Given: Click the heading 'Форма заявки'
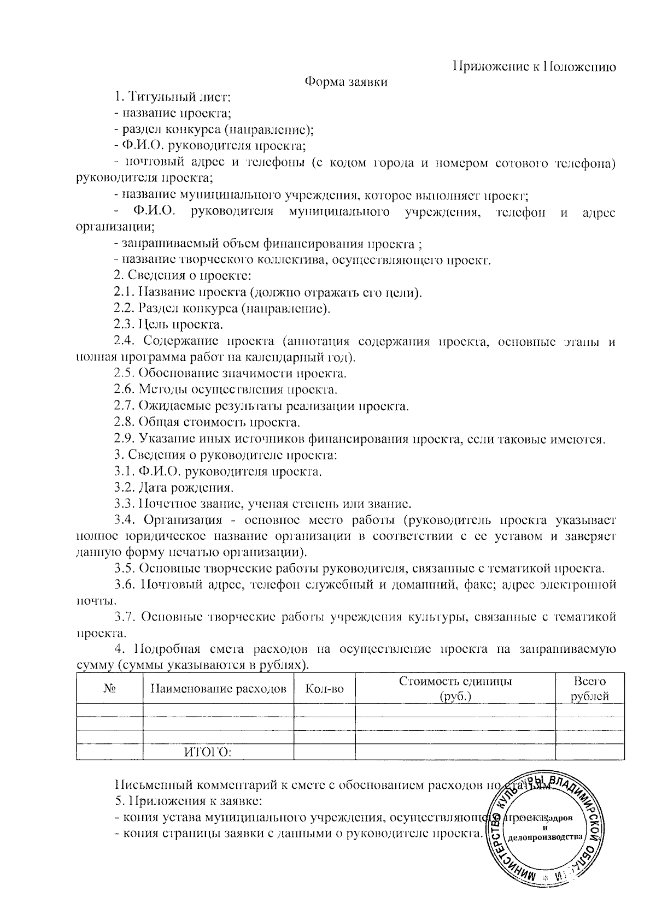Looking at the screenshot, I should coord(346,82).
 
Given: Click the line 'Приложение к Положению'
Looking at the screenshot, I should coord(535,67).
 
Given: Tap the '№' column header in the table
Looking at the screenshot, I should coord(109,689).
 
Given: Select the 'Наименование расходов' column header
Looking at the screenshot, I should coord(218,689).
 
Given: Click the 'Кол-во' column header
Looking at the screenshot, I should coord(325,689).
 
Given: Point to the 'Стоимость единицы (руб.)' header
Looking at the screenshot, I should coord(455,689).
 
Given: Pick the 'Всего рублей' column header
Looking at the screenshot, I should coord(590,689).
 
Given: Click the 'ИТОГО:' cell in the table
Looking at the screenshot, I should coord(207,753).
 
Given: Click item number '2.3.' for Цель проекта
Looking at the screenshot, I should coord(125,324).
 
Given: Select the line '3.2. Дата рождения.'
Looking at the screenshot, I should coord(174,487).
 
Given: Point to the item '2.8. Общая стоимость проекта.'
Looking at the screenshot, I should coord(207,422).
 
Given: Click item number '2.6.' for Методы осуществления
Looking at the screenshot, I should coord(125,389).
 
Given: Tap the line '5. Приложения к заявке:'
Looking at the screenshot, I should coord(189,802).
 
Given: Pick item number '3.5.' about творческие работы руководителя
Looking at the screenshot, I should coord(125,568).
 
